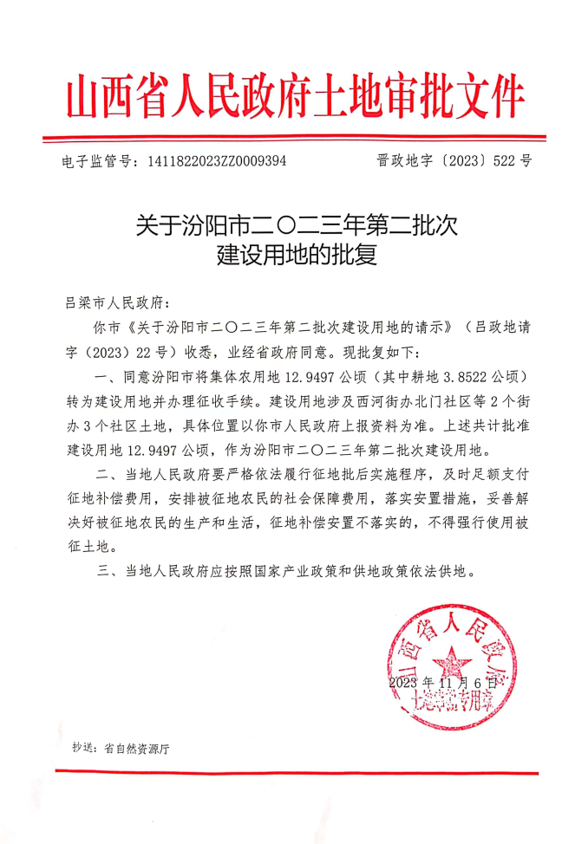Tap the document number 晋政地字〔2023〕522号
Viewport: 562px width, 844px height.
tap(454, 161)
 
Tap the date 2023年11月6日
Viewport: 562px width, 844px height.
tap(444, 684)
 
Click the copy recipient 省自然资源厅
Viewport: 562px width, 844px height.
tap(136, 749)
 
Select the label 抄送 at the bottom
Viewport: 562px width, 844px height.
tap(82, 749)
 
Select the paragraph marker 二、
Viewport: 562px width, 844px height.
tap(106, 476)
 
